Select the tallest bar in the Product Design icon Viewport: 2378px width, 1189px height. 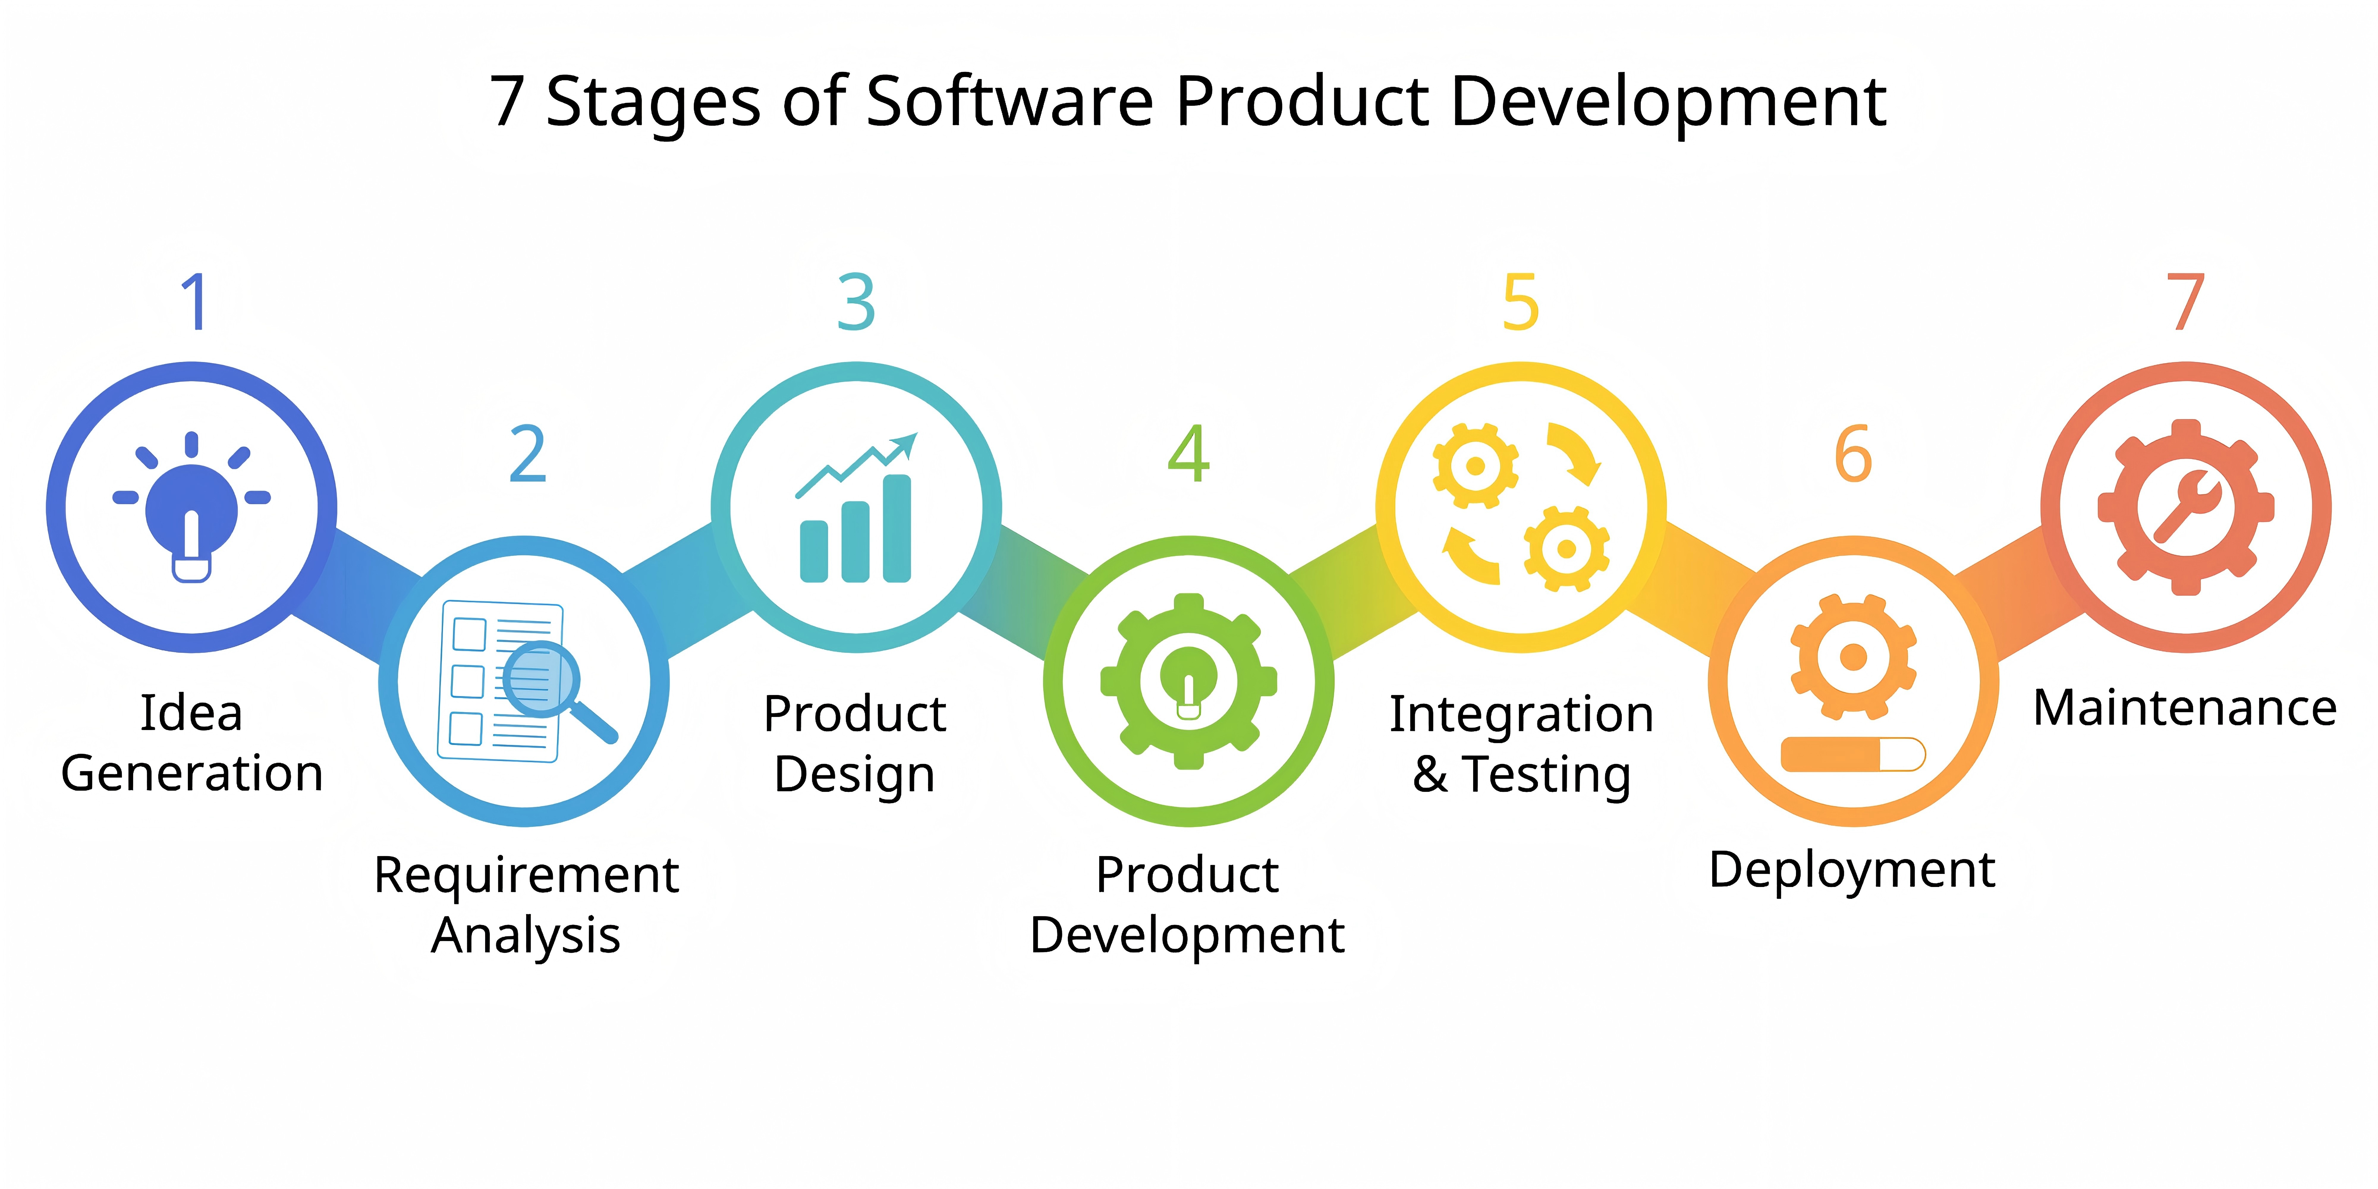coord(897,528)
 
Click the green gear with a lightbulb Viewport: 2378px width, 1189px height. coord(1189,681)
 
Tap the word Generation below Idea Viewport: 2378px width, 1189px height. coord(192,773)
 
